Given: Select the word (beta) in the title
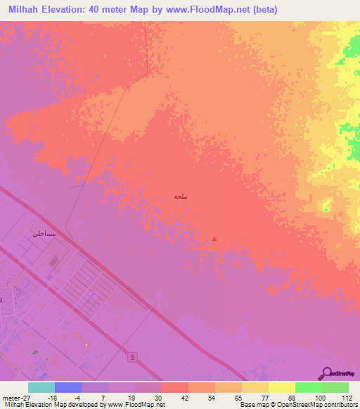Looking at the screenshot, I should point(265,10).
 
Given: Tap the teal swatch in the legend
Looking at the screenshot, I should point(41,387).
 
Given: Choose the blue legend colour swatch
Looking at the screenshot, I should point(68,387).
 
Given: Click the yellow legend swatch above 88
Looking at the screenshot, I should point(282,387).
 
